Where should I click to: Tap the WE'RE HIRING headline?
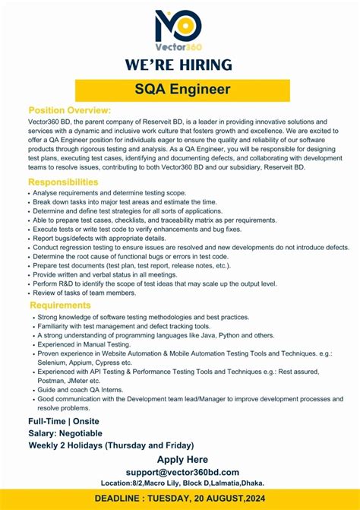179,65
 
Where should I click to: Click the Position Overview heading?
70,111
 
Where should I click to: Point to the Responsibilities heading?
63,182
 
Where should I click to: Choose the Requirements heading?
61,306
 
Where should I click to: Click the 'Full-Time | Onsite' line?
64,421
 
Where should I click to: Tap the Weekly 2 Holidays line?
111,445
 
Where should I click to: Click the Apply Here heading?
182,460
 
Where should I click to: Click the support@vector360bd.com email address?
182,472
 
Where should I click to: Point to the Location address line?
182,483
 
